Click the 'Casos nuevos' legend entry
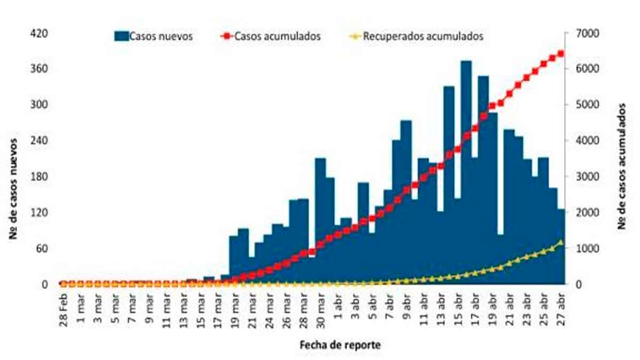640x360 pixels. coord(153,36)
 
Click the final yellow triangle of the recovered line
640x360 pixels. coord(561,243)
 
